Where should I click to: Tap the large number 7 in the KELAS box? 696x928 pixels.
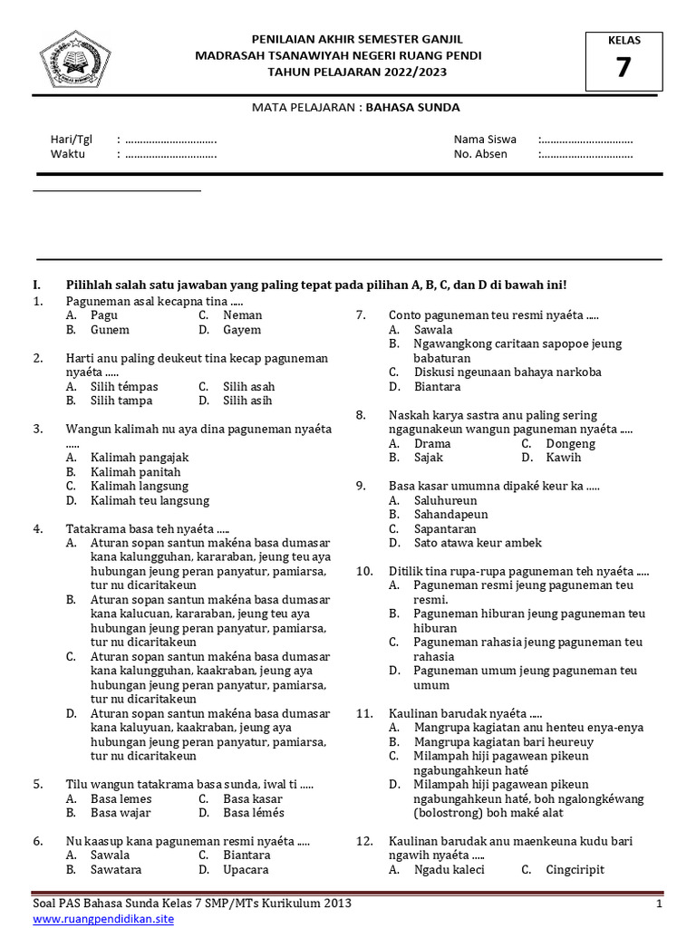point(623,67)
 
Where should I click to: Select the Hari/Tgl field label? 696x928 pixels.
point(71,140)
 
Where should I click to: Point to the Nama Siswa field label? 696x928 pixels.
point(485,140)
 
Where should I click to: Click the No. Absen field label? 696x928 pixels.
point(480,154)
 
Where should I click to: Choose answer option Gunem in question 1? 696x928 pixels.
point(110,330)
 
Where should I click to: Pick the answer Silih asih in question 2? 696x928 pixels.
point(247,401)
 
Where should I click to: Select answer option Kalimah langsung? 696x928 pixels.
point(139,486)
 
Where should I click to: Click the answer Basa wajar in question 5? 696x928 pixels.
point(121,813)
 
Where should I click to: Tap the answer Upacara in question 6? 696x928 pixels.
point(246,869)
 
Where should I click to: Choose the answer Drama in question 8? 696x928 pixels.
point(432,444)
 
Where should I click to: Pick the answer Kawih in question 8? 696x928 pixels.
point(564,458)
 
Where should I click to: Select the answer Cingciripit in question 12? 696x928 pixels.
point(575,870)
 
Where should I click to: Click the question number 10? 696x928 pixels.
point(364,571)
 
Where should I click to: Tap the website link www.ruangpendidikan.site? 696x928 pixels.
point(103,918)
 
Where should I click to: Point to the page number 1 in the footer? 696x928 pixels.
point(659,904)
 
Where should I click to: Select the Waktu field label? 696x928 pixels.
point(68,154)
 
